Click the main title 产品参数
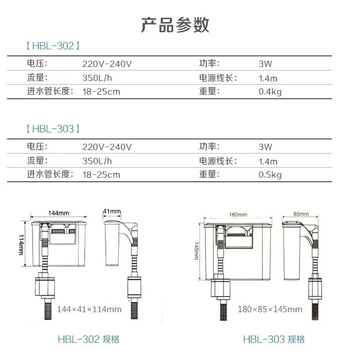click(175, 25)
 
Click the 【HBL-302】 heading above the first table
click(53, 46)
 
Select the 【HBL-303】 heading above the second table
click(53, 129)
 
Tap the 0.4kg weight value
click(270, 92)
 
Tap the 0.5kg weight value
click(270, 175)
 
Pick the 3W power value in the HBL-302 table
click(265, 64)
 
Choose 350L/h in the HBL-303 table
click(97, 161)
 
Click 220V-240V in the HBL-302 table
click(107, 64)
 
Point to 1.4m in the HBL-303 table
click(268, 162)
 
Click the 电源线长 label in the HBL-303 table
click(217, 161)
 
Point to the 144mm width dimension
click(58, 213)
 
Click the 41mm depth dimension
click(112, 211)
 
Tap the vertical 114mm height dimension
click(21, 245)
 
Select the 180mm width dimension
click(238, 214)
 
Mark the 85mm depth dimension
click(301, 214)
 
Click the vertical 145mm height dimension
click(196, 251)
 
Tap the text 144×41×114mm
click(89, 309)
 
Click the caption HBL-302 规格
click(89, 339)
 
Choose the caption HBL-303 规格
click(274, 339)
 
